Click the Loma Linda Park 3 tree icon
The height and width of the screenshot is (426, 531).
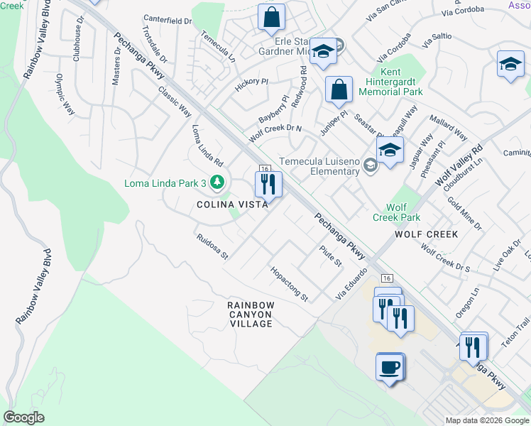click(217, 183)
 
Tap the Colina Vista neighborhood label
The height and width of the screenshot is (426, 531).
click(232, 204)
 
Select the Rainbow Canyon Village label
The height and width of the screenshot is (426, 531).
click(250, 314)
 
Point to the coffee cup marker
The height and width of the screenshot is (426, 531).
click(389, 367)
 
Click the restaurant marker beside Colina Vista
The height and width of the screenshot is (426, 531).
click(268, 185)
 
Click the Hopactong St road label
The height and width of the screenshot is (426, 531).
click(288, 284)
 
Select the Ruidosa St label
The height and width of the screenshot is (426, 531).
click(212, 245)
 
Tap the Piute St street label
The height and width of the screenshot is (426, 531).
click(331, 256)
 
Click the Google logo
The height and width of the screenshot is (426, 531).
click(23, 417)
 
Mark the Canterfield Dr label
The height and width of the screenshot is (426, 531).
click(168, 21)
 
